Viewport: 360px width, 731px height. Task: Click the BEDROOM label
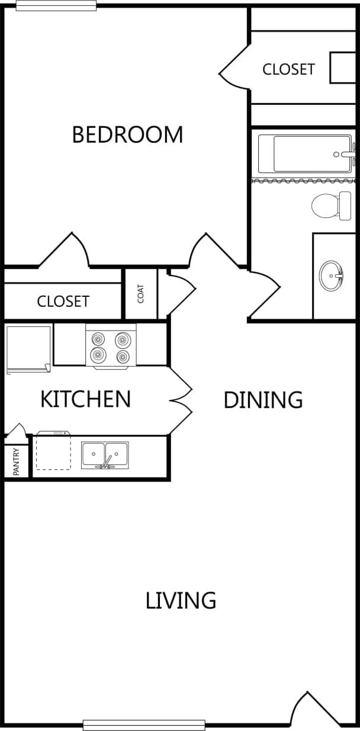tap(127, 134)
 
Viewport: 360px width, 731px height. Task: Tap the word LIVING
tap(181, 600)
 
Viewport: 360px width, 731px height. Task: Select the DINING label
tap(263, 400)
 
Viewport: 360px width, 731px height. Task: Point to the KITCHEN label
tap(85, 399)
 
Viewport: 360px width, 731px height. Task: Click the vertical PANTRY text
tap(17, 461)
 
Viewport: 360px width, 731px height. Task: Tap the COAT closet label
tap(141, 294)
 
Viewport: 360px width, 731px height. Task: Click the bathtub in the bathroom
tap(304, 153)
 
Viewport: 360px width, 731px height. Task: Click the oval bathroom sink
tap(330, 275)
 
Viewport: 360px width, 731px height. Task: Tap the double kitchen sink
tap(105, 455)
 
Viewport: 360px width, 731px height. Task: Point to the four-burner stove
tap(111, 347)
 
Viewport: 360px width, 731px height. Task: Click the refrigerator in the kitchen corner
tap(28, 349)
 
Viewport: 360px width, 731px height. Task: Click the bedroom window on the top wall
tap(56, 5)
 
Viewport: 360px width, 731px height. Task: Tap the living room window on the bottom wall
tap(144, 724)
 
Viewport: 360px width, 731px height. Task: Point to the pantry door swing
tap(17, 430)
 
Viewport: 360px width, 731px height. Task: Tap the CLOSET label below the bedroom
tap(63, 302)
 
